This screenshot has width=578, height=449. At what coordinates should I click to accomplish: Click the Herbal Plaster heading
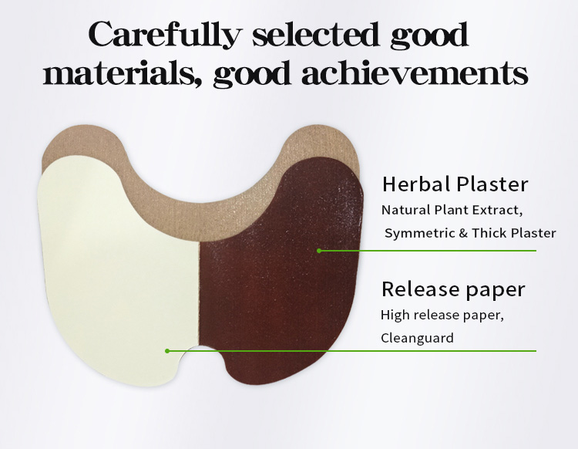click(x=455, y=184)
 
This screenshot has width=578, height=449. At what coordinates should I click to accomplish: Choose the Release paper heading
click(x=453, y=289)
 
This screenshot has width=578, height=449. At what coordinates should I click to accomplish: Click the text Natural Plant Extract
click(x=453, y=209)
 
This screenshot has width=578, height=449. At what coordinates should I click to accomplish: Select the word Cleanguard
click(x=417, y=337)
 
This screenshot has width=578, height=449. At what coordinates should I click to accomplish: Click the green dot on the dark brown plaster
click(x=318, y=251)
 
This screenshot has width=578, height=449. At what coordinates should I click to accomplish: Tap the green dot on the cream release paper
click(x=167, y=351)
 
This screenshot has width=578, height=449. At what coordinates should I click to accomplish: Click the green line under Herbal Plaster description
click(x=432, y=251)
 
